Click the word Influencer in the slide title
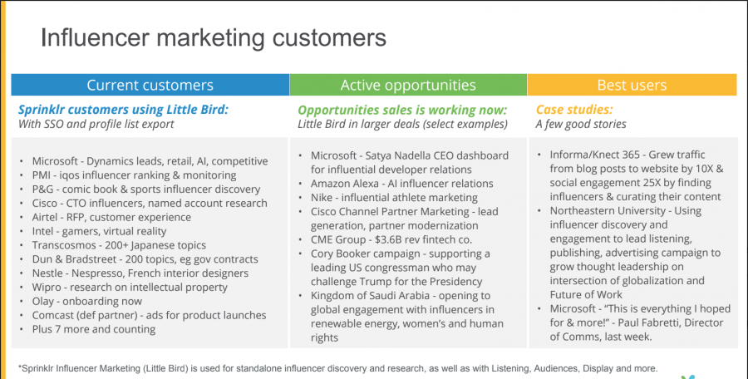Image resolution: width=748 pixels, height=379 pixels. pyautogui.click(x=95, y=37)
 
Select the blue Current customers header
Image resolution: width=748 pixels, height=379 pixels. pyautogui.click(x=150, y=85)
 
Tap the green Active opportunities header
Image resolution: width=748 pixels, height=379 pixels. pyautogui.click(x=408, y=85)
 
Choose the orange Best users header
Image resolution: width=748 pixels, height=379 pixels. pyautogui.click(x=632, y=85)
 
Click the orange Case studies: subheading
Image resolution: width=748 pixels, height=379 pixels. pyautogui.click(x=574, y=110)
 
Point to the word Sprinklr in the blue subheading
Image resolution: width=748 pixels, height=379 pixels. pyautogui.click(x=42, y=110)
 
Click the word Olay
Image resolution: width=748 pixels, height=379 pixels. pyautogui.click(x=43, y=301)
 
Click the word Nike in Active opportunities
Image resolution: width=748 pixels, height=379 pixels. pyautogui.click(x=322, y=198)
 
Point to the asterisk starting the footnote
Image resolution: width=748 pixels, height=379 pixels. pyautogui.click(x=20, y=367)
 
